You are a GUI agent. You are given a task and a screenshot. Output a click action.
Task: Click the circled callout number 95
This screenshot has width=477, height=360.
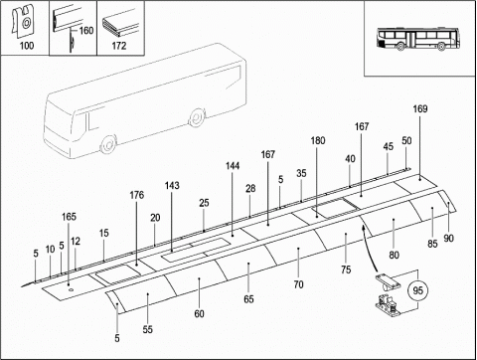[x=418, y=290]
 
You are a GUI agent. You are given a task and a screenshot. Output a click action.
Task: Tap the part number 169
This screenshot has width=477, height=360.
[x=420, y=108]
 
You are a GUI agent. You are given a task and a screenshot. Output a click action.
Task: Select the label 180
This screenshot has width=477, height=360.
[x=318, y=140]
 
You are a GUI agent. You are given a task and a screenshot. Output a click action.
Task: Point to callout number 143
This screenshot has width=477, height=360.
[x=172, y=185]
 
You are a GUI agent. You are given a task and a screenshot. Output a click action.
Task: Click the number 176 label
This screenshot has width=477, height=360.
[x=137, y=195]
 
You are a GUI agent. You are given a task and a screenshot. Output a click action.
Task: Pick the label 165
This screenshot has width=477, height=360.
[x=69, y=217]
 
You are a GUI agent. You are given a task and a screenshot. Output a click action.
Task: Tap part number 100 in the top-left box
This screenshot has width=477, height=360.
[x=27, y=46]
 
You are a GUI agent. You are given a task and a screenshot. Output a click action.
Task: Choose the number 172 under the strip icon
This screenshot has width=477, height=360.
[x=119, y=46]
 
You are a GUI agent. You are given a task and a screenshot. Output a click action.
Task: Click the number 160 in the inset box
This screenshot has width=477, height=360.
[x=86, y=31]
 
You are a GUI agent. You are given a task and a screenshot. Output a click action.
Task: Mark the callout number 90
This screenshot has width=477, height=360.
[x=448, y=238]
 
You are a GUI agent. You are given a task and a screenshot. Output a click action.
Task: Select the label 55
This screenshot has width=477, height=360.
[x=148, y=329]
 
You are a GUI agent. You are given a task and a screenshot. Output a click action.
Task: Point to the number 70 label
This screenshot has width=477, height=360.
[x=298, y=284]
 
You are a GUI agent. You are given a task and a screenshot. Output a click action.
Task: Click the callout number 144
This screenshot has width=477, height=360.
[x=233, y=166]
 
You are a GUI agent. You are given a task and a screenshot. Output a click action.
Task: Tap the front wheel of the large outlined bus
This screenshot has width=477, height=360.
[x=108, y=144]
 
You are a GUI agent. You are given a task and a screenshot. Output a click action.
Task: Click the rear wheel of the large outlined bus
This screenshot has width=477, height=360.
[x=197, y=117]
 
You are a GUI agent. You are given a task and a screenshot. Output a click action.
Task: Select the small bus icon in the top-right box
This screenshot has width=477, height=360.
[x=418, y=40]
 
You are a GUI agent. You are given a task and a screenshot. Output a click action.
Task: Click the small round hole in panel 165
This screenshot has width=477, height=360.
[x=71, y=290]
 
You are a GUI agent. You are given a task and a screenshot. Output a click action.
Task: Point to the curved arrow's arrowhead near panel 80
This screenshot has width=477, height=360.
[x=363, y=227]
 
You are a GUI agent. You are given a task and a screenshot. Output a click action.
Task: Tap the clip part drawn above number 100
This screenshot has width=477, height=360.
[x=23, y=21]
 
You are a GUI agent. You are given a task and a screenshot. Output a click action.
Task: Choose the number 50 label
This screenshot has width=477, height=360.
[x=406, y=140]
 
